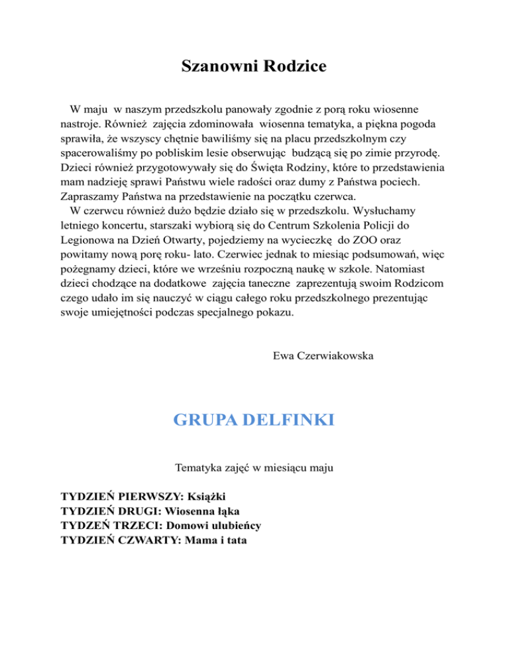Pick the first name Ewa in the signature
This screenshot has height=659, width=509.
click(282, 356)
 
